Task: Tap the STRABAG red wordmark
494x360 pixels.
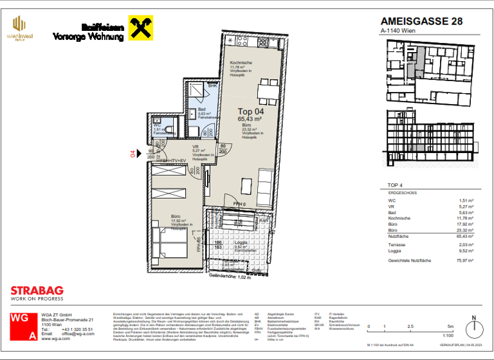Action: click(36, 291)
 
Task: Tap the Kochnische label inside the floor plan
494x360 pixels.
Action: click(242, 62)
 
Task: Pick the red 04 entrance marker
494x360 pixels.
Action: click(133, 154)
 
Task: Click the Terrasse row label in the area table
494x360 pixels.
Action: click(397, 244)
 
